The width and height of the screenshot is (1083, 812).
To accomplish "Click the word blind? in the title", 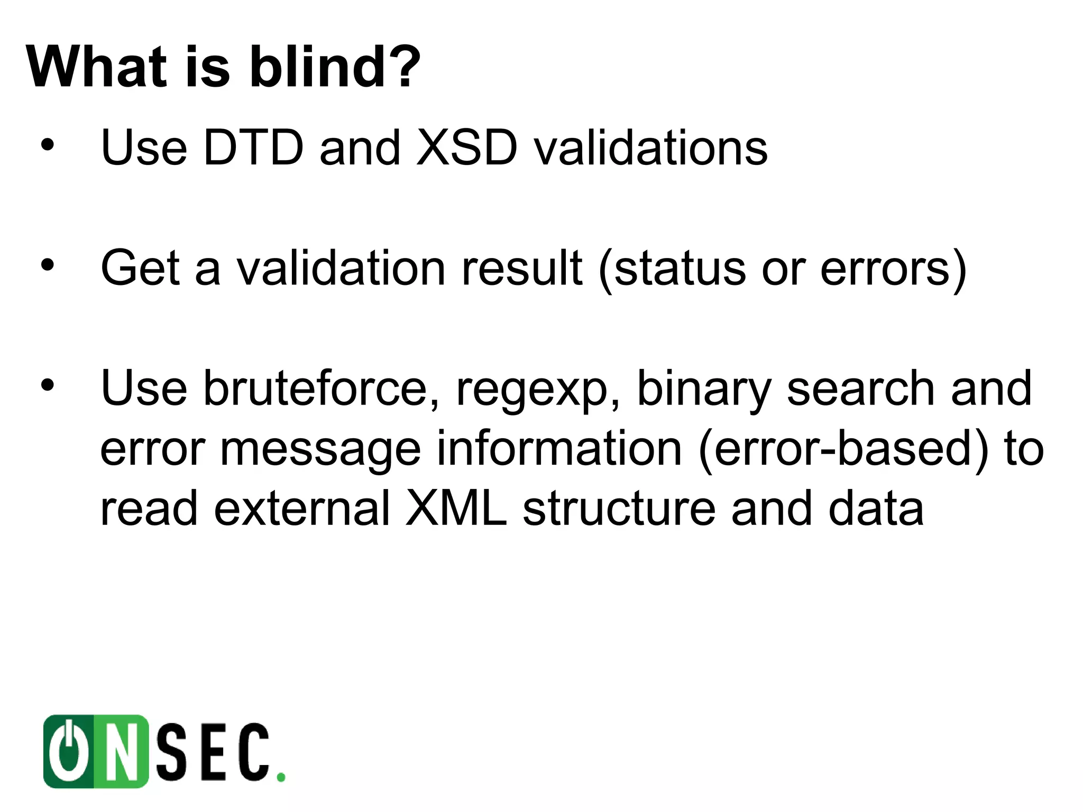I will (x=334, y=67).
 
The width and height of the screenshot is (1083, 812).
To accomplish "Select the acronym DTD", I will (x=253, y=147).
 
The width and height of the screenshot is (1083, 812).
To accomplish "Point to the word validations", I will (x=650, y=147).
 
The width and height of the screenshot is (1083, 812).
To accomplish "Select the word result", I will (x=521, y=268).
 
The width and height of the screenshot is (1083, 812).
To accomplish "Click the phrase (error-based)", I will (x=843, y=449).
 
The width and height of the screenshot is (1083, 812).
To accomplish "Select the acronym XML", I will (x=456, y=509).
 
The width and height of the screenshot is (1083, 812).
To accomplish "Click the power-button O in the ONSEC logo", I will (x=69, y=751).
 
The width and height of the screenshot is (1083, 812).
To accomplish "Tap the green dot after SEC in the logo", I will (x=281, y=777).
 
